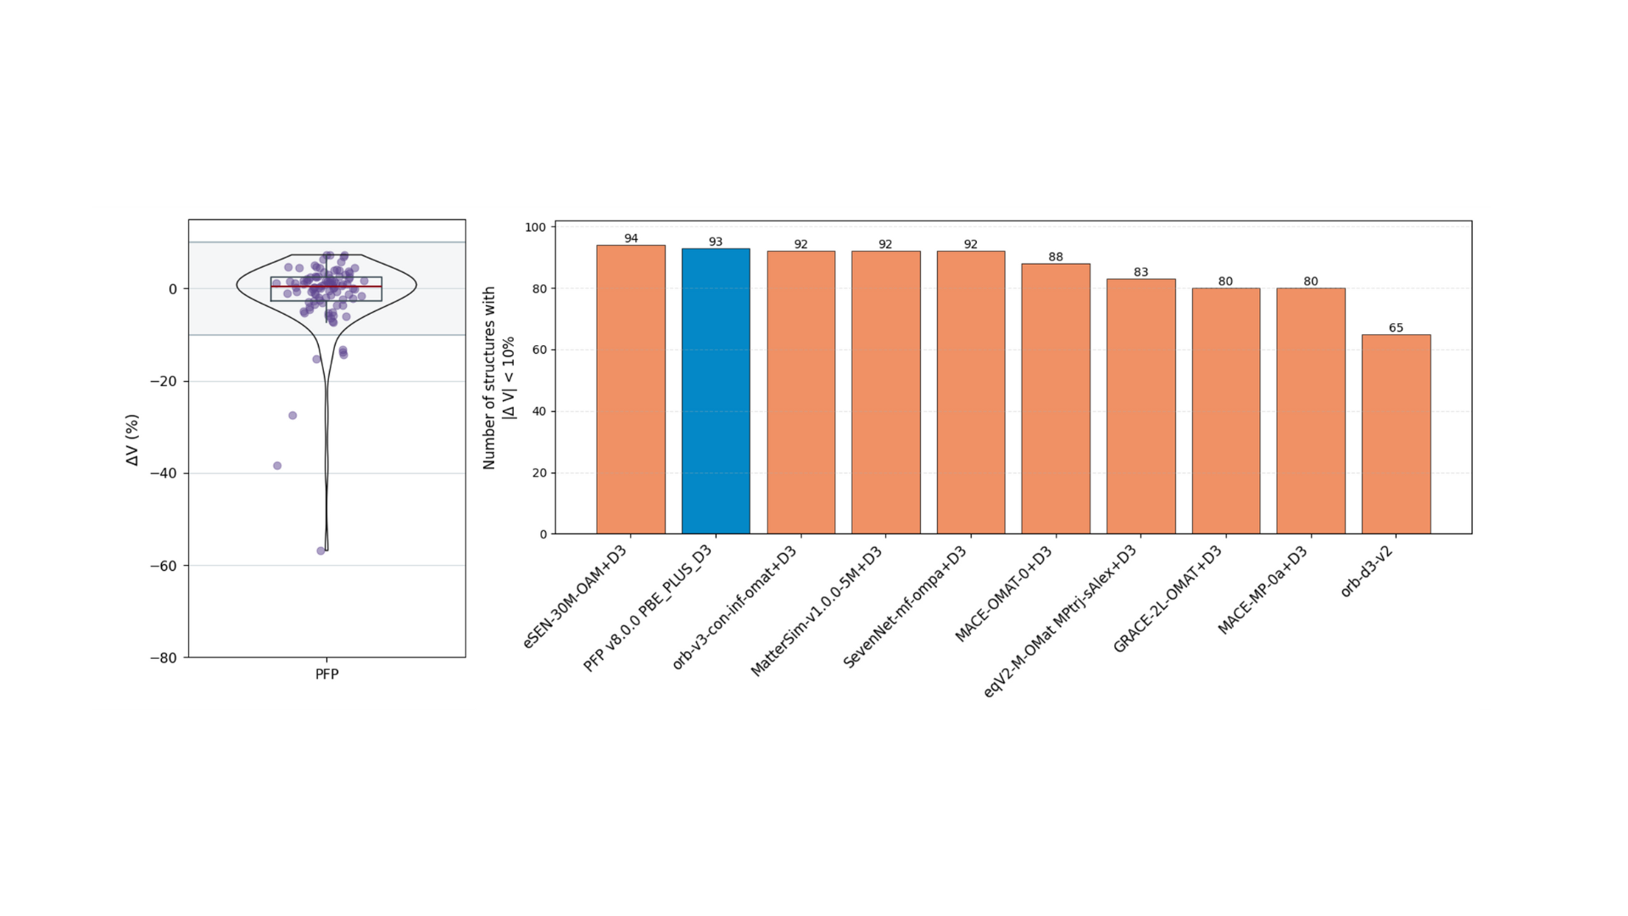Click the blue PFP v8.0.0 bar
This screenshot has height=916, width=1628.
click(716, 391)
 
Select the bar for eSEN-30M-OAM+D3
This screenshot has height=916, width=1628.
click(630, 389)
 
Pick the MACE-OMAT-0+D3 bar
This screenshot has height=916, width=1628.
click(1056, 399)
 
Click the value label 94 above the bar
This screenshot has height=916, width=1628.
click(631, 238)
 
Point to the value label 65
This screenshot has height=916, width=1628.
click(1396, 327)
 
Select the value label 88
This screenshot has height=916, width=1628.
click(1056, 257)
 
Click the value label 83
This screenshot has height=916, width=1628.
click(1140, 272)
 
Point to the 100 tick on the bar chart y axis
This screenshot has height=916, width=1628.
click(535, 227)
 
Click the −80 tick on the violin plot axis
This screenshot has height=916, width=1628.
click(164, 658)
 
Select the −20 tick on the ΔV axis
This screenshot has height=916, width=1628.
click(164, 382)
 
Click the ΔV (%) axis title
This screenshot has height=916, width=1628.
click(132, 439)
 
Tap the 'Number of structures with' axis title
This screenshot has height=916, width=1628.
click(489, 377)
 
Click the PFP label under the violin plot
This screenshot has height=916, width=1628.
click(326, 674)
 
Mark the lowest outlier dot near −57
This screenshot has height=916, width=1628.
click(321, 551)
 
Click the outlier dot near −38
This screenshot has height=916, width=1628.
click(277, 466)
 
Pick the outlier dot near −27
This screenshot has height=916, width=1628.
click(293, 416)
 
